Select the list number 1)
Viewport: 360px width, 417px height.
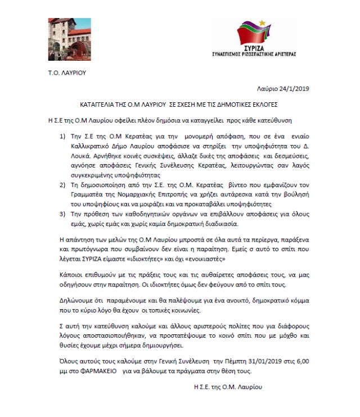pos(62,136)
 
